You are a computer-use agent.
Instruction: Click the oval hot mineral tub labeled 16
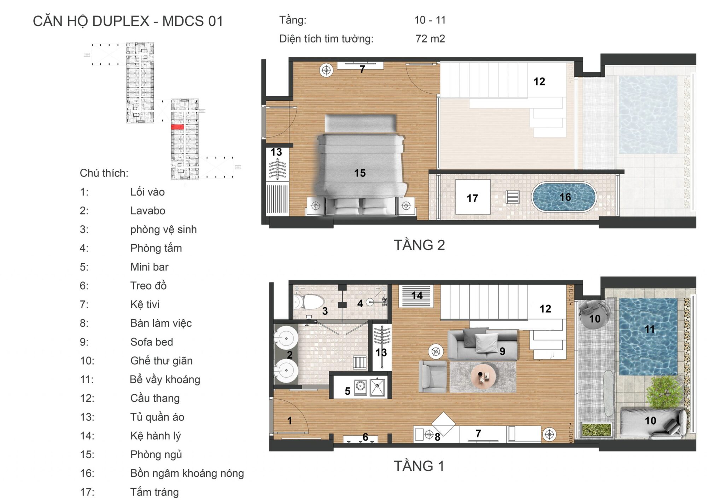564,197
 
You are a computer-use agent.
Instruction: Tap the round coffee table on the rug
483,377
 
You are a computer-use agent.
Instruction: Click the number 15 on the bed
360,173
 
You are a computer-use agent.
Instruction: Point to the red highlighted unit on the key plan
177,127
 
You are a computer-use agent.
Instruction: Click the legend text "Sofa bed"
152,342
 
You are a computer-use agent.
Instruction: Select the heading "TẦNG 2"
419,245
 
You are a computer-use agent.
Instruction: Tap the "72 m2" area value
430,39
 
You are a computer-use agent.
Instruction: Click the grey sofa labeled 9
483,345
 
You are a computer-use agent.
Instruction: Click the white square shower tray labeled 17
473,197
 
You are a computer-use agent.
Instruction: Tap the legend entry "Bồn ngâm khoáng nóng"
187,473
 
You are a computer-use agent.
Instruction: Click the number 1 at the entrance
290,420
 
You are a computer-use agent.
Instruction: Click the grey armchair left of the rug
433,376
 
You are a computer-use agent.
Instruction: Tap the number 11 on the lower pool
649,329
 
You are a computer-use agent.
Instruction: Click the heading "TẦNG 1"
419,466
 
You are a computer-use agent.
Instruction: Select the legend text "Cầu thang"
155,398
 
